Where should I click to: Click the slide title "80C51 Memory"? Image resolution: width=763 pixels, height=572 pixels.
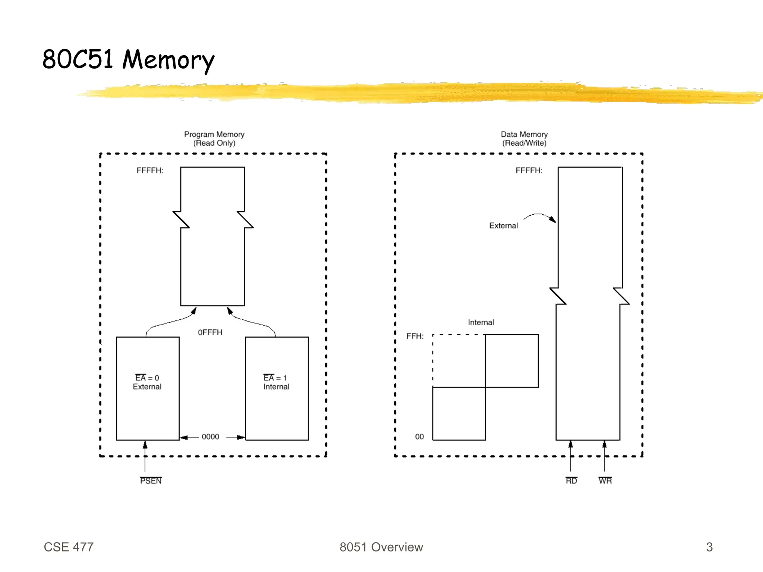[x=128, y=60]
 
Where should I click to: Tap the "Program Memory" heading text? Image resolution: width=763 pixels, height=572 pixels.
[x=214, y=134]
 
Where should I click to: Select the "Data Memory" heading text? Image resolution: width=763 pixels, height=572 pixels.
[x=524, y=134]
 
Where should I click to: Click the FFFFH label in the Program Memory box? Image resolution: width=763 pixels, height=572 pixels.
[x=150, y=171]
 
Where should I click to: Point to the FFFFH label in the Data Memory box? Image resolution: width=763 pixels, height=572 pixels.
[x=529, y=171]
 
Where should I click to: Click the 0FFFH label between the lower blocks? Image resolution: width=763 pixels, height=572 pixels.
[x=210, y=332]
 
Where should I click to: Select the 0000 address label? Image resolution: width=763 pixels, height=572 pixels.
[x=210, y=437]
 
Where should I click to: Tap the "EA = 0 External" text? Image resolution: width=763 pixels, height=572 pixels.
[x=147, y=382]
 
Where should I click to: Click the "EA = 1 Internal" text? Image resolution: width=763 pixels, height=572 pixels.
[x=276, y=382]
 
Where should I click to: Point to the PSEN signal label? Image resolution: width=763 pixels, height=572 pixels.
[x=151, y=481]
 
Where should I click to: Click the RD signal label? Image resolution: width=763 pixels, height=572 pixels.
[x=571, y=481]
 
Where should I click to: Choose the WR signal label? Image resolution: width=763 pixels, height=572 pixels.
[x=605, y=481]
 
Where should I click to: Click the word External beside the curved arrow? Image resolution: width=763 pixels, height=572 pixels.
[x=503, y=226]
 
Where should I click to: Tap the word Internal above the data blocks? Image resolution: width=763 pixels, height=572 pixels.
[x=481, y=322]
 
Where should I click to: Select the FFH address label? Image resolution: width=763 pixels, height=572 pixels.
[x=415, y=336]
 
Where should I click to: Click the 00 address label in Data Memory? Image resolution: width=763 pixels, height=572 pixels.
[x=420, y=437]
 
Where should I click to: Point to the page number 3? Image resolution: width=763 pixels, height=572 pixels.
[x=709, y=547]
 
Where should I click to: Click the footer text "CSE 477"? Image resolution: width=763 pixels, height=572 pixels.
[x=69, y=547]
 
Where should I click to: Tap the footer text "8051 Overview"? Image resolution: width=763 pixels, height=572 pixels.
[x=381, y=547]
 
